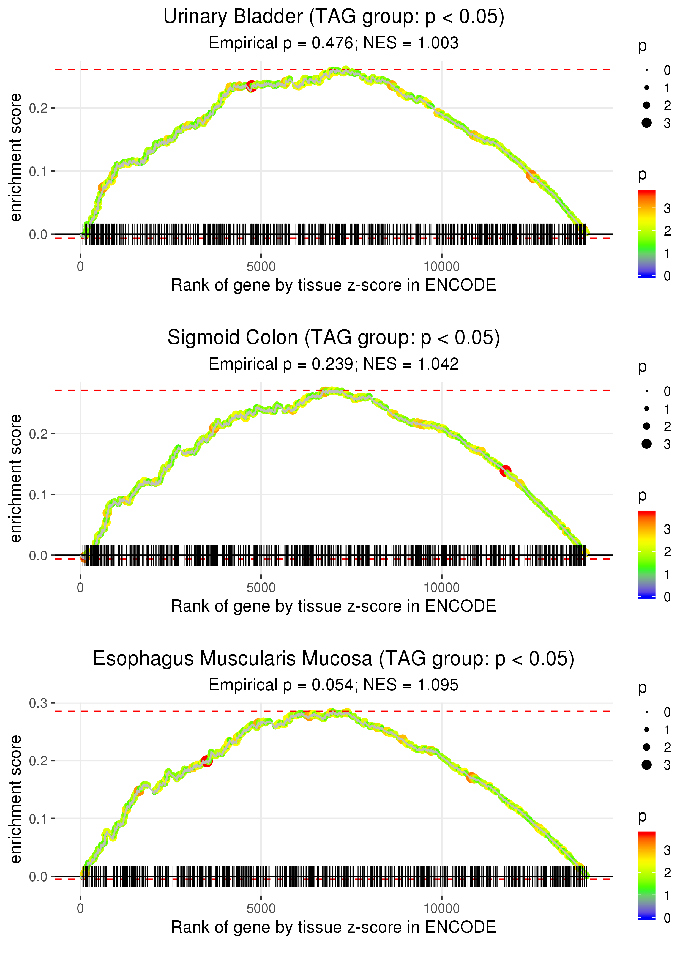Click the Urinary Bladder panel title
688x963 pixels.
tap(334, 17)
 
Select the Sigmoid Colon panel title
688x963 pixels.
tap(334, 338)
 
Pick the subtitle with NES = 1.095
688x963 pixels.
tap(334, 685)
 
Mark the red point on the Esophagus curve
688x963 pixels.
tap(207, 761)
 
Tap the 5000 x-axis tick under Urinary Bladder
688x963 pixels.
tap(261, 267)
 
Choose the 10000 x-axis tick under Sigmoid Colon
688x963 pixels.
tap(441, 588)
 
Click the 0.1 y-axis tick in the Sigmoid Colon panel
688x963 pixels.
tap(38, 495)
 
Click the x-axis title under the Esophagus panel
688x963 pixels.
tap(334, 927)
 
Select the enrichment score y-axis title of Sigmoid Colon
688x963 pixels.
tap(16, 478)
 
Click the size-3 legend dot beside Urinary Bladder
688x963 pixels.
tap(646, 123)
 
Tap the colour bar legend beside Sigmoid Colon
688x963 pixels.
tap(646, 554)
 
